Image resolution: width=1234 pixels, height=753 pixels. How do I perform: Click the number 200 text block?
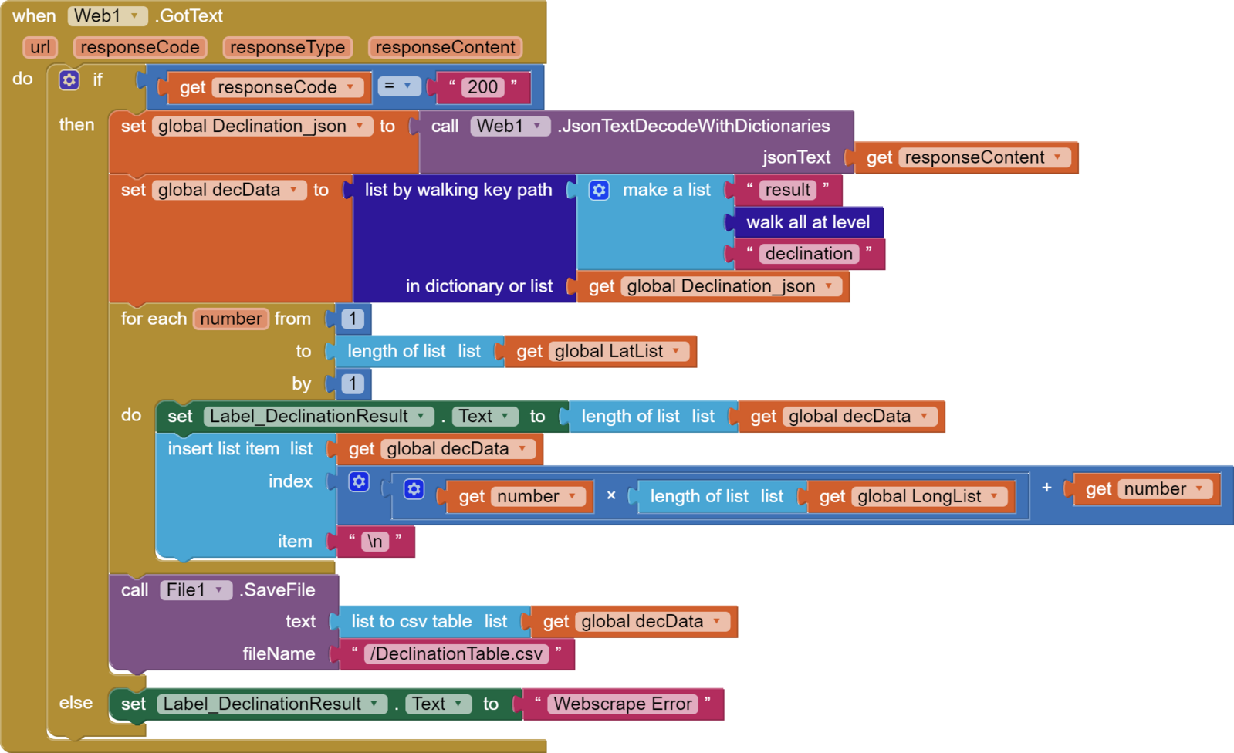pos(483,87)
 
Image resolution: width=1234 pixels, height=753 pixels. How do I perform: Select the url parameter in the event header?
pos(40,47)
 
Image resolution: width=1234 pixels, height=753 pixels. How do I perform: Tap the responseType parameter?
pos(287,47)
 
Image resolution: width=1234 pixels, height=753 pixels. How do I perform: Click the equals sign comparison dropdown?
pos(398,86)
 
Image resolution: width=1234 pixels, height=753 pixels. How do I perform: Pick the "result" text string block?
pos(787,190)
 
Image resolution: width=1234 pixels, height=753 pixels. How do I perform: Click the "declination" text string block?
pos(808,254)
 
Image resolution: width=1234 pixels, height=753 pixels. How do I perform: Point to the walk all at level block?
pos(807,222)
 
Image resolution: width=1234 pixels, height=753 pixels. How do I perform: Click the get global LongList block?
pos(908,497)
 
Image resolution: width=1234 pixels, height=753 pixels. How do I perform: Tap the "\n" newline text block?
pos(375,542)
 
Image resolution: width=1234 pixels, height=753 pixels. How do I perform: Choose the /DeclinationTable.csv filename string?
pos(456,654)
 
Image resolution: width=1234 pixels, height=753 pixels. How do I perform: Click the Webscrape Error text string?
pos(622,704)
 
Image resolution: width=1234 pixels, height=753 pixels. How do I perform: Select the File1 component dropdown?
pos(195,590)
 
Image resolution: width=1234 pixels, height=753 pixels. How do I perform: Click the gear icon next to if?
pos(69,79)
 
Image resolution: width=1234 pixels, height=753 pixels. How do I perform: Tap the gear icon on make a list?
pos(599,190)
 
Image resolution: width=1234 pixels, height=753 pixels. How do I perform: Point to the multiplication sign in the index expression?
pos(611,495)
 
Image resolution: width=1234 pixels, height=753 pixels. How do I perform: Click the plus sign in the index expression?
pos(1046,488)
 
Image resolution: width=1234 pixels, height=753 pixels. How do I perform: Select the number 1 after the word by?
pos(353,383)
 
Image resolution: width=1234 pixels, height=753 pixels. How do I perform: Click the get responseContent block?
pos(966,157)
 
